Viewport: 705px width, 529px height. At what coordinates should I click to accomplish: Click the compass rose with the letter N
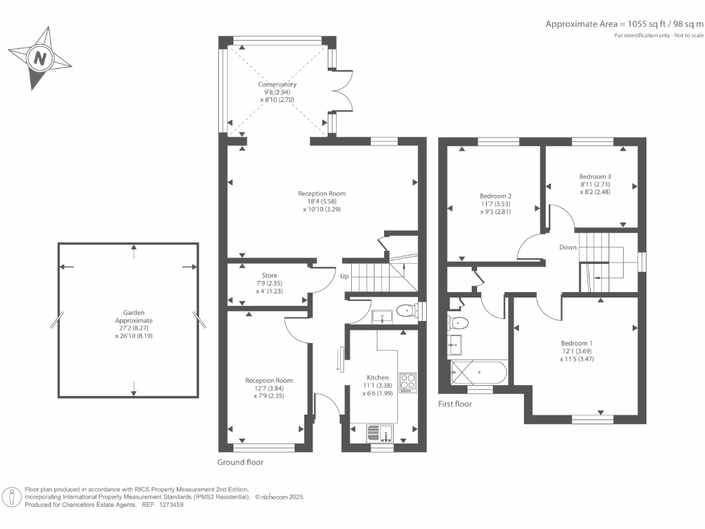tap(40, 59)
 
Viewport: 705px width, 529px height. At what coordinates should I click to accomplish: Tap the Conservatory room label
tap(277, 85)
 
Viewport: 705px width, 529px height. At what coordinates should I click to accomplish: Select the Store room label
tap(269, 276)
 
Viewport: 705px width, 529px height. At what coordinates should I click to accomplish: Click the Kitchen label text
tap(377, 377)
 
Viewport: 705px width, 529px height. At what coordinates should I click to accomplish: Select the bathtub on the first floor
tap(478, 373)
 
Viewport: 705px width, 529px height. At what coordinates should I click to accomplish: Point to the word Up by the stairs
tap(345, 276)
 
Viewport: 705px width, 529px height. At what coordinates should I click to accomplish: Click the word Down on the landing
tap(568, 247)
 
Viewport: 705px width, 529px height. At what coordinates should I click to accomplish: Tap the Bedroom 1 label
tap(576, 343)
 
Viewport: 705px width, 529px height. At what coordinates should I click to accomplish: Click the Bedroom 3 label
tap(595, 176)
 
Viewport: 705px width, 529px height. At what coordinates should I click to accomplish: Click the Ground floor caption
tap(240, 462)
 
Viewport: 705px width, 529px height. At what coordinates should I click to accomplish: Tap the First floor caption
tap(455, 404)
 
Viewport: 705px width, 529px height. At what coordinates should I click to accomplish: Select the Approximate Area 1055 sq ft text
tap(624, 23)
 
